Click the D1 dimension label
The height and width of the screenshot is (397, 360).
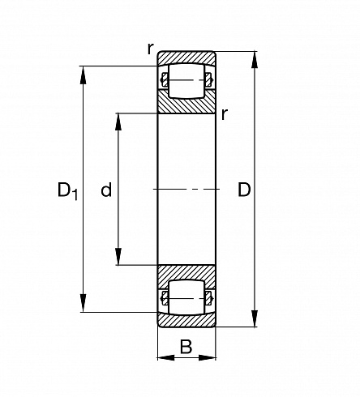click(x=67, y=190)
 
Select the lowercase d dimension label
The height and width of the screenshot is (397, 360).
click(x=106, y=190)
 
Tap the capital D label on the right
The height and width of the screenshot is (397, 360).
click(x=244, y=190)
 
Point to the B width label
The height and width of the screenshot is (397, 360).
click(x=186, y=347)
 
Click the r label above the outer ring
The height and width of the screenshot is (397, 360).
click(x=151, y=49)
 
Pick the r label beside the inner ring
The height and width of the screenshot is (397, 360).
click(x=225, y=114)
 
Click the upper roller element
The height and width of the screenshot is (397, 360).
click(x=186, y=80)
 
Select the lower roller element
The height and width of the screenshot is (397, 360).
click(x=186, y=297)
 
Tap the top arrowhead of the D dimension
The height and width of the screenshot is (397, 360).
click(x=254, y=60)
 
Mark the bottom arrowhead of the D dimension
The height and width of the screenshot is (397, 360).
click(x=254, y=318)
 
